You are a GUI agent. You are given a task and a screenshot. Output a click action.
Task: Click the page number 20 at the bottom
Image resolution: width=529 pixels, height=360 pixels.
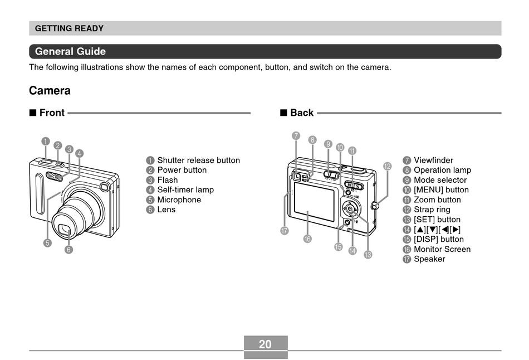pyautogui.click(x=265, y=344)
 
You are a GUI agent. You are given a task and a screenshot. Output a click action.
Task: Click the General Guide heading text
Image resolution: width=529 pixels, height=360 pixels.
pyautogui.click(x=70, y=52)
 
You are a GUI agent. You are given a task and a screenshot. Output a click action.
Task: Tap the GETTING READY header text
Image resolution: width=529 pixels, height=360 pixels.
pyautogui.click(x=69, y=28)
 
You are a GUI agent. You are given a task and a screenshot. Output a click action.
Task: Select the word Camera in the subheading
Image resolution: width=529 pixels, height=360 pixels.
pyautogui.click(x=50, y=91)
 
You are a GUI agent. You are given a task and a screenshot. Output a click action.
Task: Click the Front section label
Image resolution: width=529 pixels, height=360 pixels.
pyautogui.click(x=52, y=113)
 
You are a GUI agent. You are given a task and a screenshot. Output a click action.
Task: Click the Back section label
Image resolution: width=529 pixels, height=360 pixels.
pyautogui.click(x=302, y=113)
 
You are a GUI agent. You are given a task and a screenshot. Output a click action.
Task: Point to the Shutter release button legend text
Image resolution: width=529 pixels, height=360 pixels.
pyautogui.click(x=198, y=160)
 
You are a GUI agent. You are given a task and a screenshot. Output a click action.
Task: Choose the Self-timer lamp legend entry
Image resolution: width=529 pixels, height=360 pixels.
pyautogui.click(x=185, y=190)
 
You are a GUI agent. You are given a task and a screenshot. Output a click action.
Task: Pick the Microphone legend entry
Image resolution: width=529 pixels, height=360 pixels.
pyautogui.click(x=179, y=200)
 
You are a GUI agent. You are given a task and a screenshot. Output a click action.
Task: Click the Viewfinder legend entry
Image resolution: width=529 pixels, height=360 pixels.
pyautogui.click(x=433, y=160)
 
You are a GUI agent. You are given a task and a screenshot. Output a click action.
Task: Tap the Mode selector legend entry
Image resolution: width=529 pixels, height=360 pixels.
pyautogui.click(x=440, y=180)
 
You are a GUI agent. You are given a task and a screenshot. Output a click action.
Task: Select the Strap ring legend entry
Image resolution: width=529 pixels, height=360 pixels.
pyautogui.click(x=432, y=210)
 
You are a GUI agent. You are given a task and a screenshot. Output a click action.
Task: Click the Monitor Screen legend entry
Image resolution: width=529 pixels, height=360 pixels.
pyautogui.click(x=442, y=249)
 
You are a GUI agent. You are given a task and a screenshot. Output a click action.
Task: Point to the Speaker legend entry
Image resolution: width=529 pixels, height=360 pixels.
pyautogui.click(x=429, y=259)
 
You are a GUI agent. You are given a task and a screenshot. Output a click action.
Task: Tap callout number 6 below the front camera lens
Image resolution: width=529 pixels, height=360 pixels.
pyautogui.click(x=68, y=250)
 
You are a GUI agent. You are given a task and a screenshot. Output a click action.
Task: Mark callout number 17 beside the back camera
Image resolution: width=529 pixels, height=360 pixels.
pyautogui.click(x=285, y=231)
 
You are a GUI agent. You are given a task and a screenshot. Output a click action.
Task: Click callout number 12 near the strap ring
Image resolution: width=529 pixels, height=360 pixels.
pyautogui.click(x=387, y=166)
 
